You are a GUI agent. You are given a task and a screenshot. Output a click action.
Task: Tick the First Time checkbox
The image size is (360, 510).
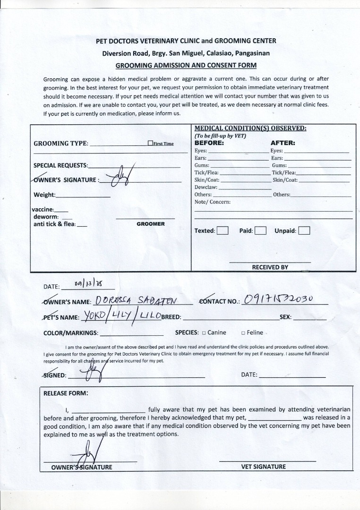150,144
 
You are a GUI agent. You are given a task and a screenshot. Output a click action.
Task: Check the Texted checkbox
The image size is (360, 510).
223,231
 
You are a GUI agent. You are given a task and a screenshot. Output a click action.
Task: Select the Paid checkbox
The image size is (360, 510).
261,231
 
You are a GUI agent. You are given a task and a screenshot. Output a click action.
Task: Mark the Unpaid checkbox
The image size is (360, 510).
304,231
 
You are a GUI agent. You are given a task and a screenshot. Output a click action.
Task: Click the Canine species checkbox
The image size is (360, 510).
204,333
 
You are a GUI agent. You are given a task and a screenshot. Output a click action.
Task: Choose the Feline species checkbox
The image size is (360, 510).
243,333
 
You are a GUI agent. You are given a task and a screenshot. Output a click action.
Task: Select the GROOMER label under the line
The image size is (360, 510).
151,224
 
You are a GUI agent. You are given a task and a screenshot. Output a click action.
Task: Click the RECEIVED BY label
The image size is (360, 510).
270,267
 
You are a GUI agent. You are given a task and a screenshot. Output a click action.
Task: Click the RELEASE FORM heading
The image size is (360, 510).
66,393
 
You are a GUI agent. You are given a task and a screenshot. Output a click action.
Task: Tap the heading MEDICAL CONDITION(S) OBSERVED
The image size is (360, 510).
250,128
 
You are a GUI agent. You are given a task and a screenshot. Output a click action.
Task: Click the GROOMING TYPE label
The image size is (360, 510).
60,144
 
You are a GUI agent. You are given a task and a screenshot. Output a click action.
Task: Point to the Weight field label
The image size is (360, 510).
44,195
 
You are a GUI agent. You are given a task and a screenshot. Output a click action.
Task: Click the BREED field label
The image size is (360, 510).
171,317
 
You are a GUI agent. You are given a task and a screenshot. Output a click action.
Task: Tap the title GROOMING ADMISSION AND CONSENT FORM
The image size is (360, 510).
186,65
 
